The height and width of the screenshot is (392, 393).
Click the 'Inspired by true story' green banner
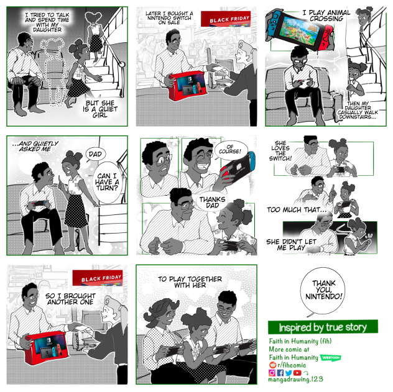click(x=322, y=327)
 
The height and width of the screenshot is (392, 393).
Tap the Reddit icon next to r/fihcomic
click(x=272, y=365)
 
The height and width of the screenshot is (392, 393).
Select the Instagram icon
click(x=272, y=373)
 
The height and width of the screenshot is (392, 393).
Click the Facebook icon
click(x=280, y=373)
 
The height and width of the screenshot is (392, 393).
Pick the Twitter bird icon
click(x=288, y=373)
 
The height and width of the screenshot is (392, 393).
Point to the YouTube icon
click(x=297, y=373)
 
